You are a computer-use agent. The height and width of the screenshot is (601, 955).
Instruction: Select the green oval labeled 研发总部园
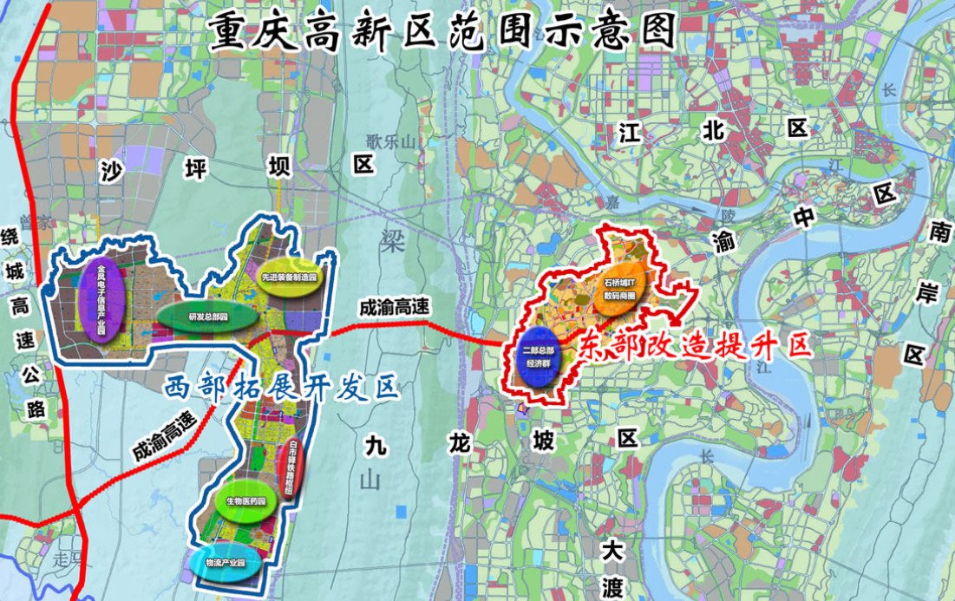coord(208,316)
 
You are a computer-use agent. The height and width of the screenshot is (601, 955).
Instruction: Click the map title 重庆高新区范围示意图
coord(440,31)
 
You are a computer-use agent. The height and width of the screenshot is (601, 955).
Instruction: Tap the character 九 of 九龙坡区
coord(374,443)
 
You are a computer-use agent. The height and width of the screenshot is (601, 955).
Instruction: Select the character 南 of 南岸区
coord(938,230)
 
